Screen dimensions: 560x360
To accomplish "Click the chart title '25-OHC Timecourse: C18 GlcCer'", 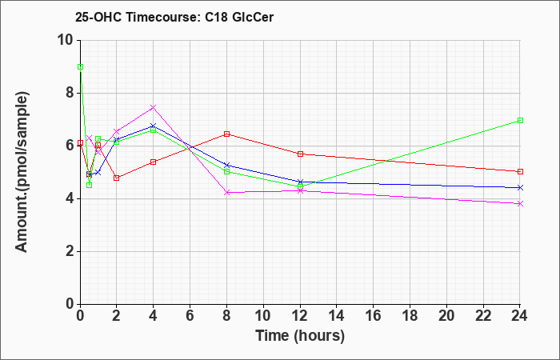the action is (174, 17).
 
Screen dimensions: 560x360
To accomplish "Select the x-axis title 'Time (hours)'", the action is (300, 336).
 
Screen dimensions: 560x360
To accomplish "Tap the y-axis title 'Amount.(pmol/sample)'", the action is (22, 172).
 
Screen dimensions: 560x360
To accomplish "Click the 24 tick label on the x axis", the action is (519, 316).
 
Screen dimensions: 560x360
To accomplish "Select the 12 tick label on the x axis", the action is (300, 316).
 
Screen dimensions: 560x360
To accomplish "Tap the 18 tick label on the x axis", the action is (410, 316).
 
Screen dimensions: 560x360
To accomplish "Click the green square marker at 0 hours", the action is (80, 66).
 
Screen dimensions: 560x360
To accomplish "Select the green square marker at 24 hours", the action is (520, 120).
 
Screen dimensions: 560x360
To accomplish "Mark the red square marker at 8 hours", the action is (226, 134).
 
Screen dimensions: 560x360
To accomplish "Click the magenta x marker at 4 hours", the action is (154, 107).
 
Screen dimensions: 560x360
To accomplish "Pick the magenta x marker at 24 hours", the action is (520, 203).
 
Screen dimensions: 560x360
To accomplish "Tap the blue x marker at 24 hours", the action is (520, 187).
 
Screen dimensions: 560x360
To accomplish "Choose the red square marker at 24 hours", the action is (520, 171).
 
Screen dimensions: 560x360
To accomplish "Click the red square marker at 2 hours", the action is (117, 178).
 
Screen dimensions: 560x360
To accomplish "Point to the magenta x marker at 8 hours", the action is (226, 193).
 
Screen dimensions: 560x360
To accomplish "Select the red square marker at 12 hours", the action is (300, 154).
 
